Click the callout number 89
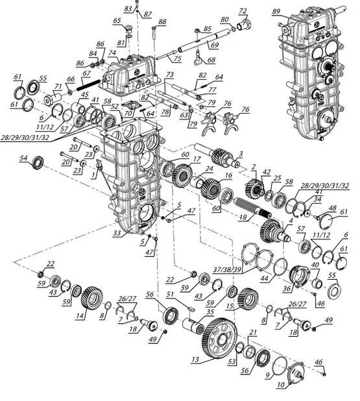click(x=276, y=12)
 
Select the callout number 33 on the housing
click(x=117, y=233)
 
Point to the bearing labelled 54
click(x=39, y=162)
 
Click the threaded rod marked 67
click(x=88, y=84)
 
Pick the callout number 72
click(x=243, y=11)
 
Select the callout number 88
click(x=162, y=22)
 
